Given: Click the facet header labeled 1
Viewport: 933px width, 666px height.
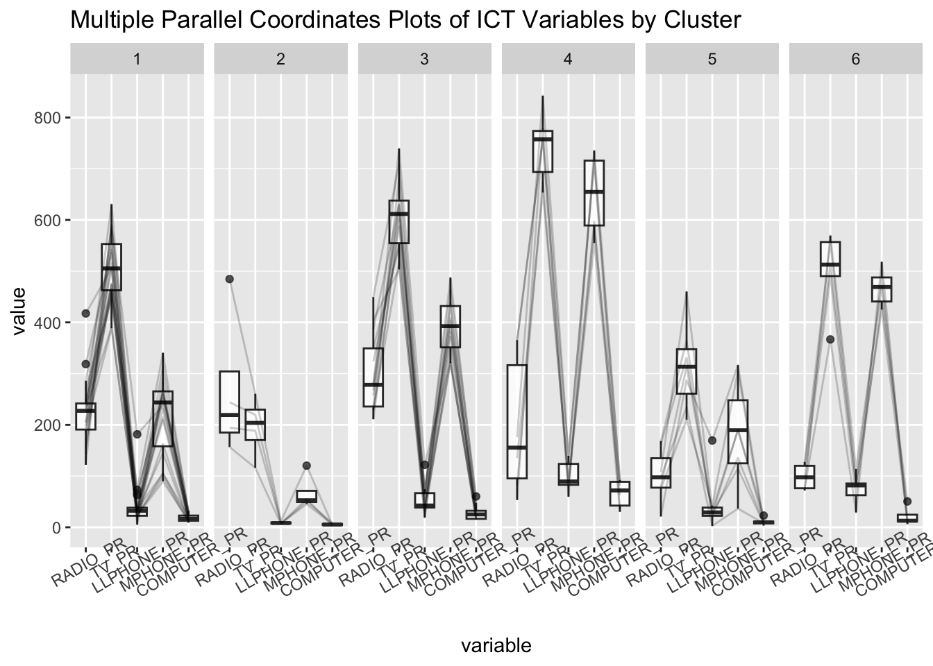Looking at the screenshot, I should click(137, 59).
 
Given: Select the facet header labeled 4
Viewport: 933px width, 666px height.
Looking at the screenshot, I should click(568, 59).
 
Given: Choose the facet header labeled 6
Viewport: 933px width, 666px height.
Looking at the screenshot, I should click(855, 59).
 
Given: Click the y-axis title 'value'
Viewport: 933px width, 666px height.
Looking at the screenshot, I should click(19, 311).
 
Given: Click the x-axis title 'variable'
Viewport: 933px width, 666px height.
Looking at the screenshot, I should click(496, 646).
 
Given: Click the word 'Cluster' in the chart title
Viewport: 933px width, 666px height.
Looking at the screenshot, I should click(703, 20).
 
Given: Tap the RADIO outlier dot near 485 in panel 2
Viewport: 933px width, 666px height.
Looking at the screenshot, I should click(230, 279).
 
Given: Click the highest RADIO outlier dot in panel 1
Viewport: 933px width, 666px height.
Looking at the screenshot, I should click(86, 314).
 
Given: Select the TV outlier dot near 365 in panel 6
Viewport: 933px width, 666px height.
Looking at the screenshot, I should click(830, 339).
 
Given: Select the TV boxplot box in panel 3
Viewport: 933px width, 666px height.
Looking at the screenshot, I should click(398, 221).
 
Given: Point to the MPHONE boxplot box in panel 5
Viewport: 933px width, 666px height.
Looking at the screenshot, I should click(737, 432).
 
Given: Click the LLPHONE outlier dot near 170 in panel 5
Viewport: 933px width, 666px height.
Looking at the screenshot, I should click(712, 441).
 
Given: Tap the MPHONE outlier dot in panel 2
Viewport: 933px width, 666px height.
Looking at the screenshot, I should click(306, 466).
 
